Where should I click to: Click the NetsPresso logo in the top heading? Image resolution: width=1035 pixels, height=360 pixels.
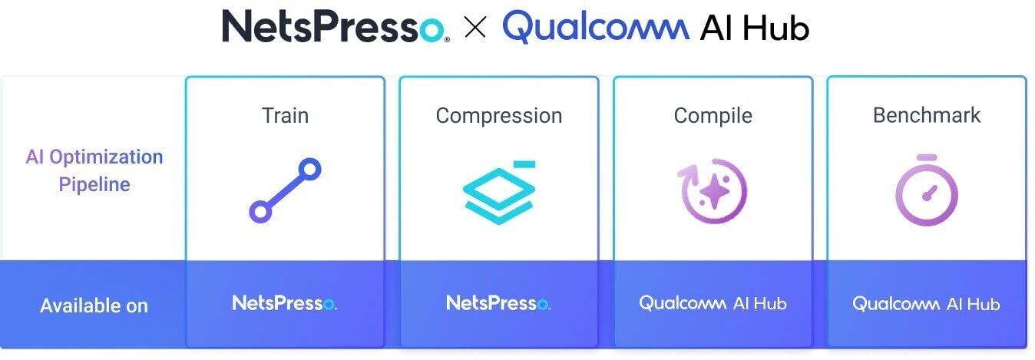(x=335, y=27)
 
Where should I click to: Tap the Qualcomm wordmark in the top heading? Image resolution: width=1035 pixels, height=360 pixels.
(x=595, y=27)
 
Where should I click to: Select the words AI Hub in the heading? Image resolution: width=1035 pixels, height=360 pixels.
(x=754, y=28)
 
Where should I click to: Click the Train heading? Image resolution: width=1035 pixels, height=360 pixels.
(x=285, y=115)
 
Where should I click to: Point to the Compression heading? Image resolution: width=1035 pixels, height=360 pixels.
(x=498, y=115)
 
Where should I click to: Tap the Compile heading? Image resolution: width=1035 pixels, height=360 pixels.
(x=713, y=115)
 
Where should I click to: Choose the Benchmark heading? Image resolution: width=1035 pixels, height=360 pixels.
(x=927, y=115)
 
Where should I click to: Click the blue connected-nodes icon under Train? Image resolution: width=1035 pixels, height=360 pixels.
(x=285, y=191)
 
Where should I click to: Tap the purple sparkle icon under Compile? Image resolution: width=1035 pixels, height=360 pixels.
(x=713, y=191)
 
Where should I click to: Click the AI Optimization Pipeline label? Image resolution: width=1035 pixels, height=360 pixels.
(x=94, y=170)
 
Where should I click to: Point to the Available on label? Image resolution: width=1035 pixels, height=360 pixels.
(x=94, y=306)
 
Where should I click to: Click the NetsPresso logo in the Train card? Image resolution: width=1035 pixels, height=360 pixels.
(x=285, y=303)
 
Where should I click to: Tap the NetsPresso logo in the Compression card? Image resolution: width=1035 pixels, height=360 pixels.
(x=498, y=303)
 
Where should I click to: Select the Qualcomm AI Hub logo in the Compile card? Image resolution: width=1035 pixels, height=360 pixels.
(x=713, y=303)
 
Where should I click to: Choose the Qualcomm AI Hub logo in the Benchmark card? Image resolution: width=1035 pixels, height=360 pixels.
(x=927, y=304)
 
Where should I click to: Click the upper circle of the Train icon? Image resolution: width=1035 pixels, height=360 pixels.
(x=309, y=170)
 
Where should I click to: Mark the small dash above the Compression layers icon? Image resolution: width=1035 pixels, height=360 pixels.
(x=524, y=163)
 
